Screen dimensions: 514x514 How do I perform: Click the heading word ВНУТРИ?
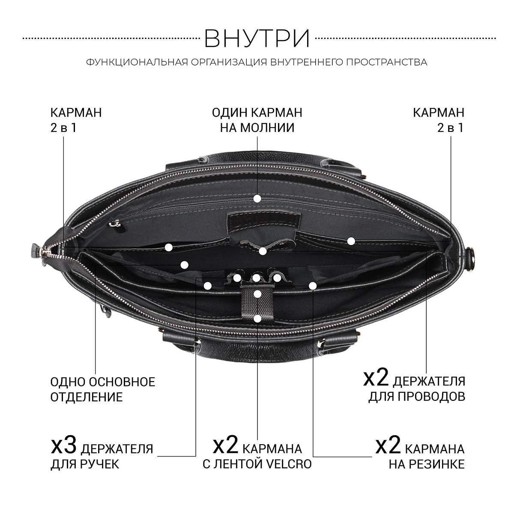(257, 39)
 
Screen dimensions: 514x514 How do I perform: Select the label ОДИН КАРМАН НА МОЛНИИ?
(257, 120)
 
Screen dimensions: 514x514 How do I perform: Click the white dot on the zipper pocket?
(257, 198)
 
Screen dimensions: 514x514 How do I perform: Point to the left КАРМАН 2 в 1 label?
(76, 120)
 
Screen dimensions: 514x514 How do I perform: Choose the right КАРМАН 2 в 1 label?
(439, 120)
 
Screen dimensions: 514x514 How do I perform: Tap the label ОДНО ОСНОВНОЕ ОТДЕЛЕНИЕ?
(103, 390)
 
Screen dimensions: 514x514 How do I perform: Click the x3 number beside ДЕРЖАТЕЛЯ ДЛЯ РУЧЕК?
(63, 445)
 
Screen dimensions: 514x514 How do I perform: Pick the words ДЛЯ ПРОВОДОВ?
(417, 397)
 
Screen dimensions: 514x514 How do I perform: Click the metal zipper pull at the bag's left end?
(45, 251)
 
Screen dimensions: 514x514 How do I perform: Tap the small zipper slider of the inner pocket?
(115, 223)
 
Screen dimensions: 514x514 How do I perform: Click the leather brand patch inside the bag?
(263, 220)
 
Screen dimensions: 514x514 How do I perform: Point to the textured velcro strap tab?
(257, 305)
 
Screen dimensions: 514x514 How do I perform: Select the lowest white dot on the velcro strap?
(257, 319)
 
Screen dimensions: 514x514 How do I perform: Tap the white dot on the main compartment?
(184, 265)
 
